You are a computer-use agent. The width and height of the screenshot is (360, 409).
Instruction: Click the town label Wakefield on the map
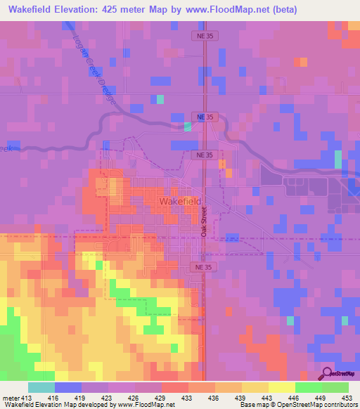pos(180,202)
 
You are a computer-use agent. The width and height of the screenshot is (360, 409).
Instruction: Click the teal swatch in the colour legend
pos(41,387)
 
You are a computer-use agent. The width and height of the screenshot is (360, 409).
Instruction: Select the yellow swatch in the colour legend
pos(281,387)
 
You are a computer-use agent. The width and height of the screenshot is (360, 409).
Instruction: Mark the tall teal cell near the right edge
pos(338,160)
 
